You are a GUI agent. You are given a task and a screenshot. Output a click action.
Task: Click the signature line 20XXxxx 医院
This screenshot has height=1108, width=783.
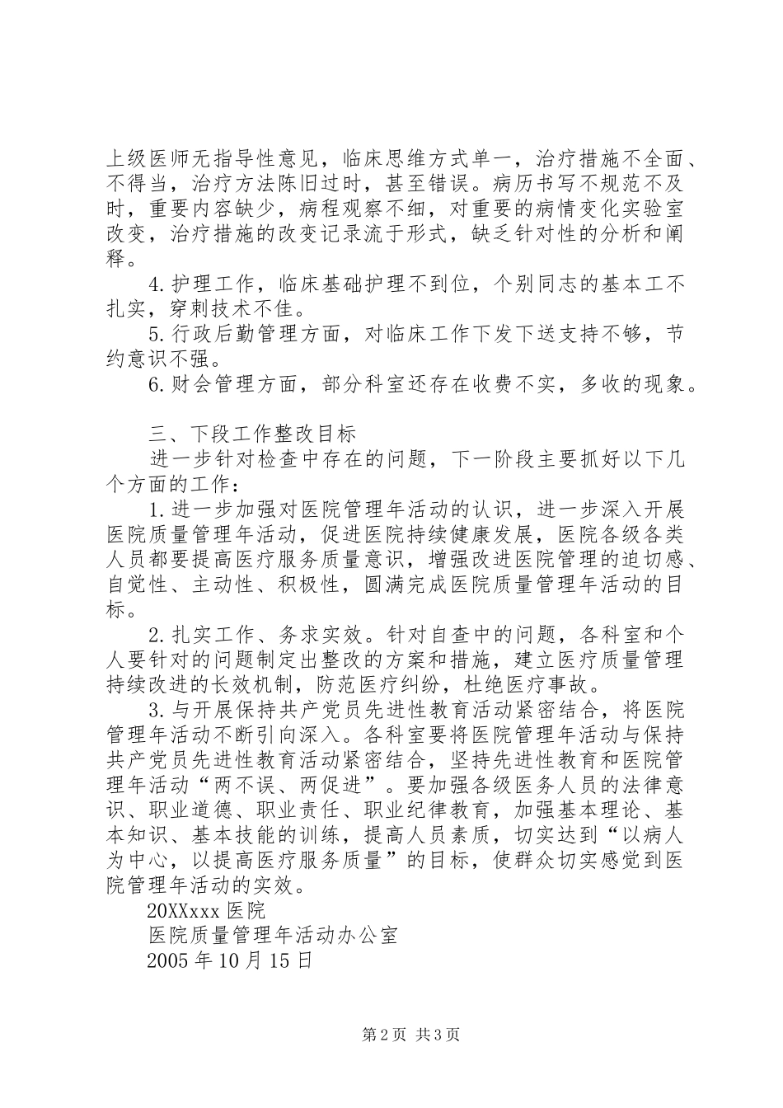point(206,911)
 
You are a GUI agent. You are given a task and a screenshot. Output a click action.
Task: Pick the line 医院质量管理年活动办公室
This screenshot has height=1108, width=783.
point(273,936)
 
